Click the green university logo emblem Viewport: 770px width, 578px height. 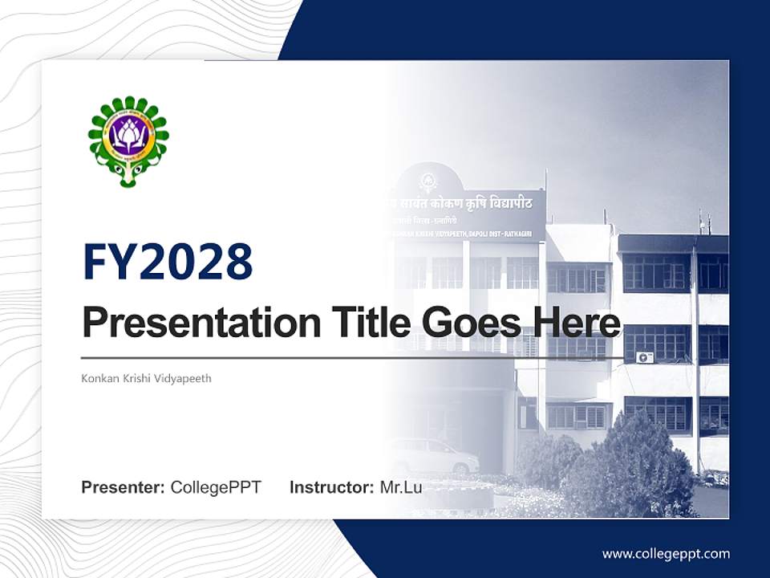(128, 141)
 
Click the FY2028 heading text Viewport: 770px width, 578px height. (168, 262)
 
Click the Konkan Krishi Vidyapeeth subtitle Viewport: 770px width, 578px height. (146, 378)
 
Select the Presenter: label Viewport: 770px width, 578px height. (124, 487)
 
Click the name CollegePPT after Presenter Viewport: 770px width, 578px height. (216, 487)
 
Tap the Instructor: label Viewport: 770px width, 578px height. (331, 487)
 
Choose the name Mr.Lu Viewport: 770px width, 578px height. (400, 487)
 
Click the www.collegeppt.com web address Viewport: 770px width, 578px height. (666, 554)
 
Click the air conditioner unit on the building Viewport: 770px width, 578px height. (644, 357)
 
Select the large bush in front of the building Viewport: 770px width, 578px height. (634, 466)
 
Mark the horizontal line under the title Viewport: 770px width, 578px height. (353, 357)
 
